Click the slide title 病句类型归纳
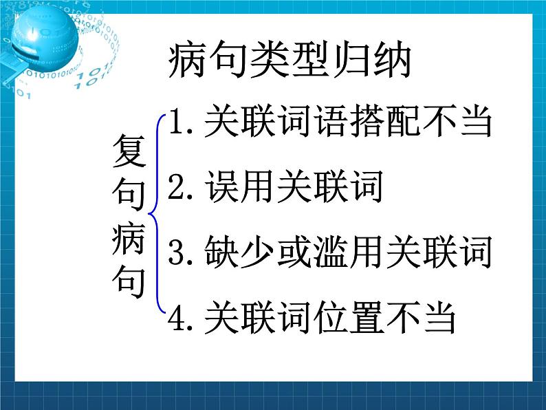click(289, 61)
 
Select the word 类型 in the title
click(268, 61)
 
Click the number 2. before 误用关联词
click(182, 187)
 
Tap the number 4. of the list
click(182, 318)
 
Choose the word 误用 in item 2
click(241, 187)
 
